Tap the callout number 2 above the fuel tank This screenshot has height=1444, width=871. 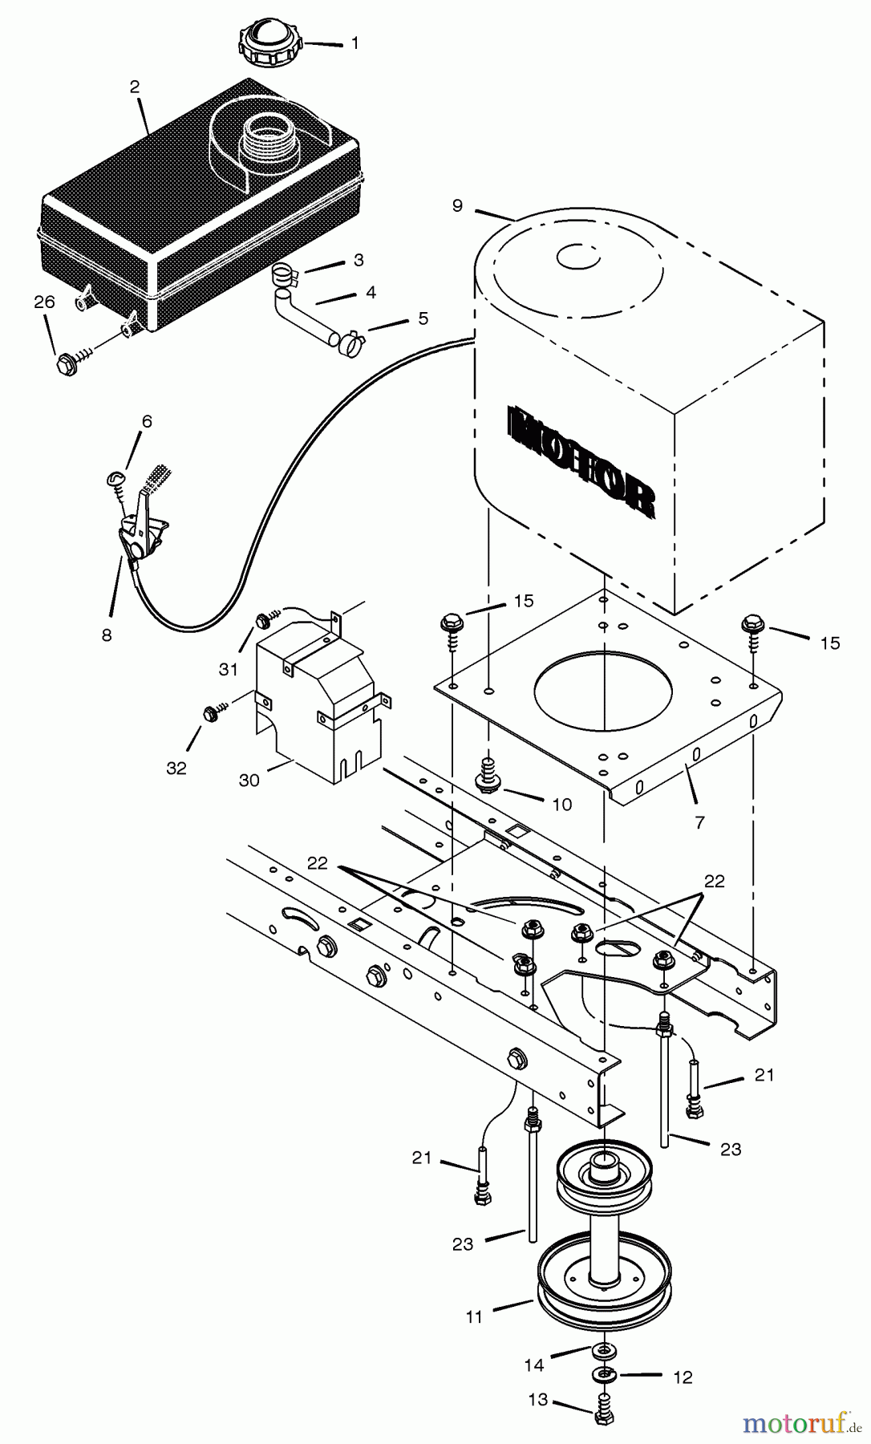[x=135, y=87]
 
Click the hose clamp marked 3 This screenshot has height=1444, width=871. [x=283, y=276]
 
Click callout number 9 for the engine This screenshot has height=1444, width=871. [x=456, y=206]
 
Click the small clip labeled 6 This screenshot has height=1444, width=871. [x=113, y=480]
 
